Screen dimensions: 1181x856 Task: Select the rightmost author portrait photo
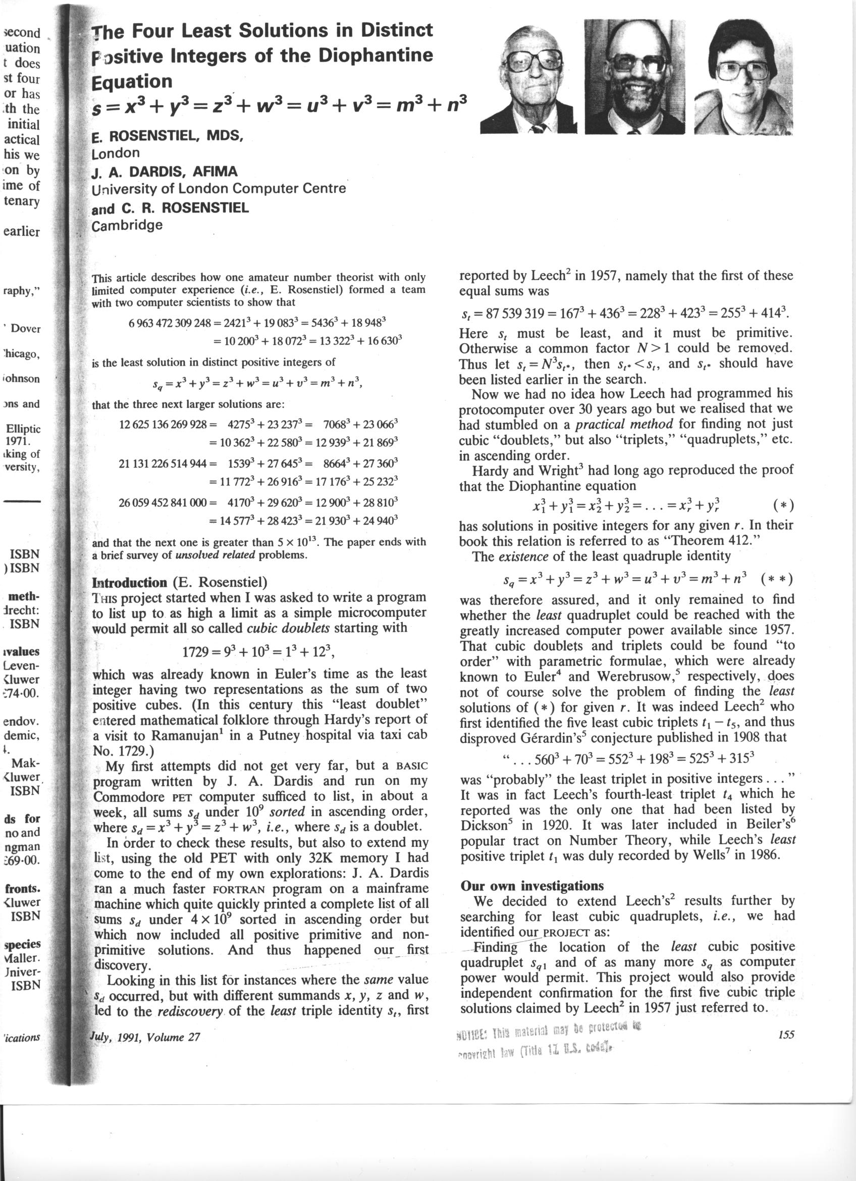pyautogui.click(x=742, y=77)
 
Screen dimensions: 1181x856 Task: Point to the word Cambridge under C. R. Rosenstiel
pyautogui.click(x=127, y=226)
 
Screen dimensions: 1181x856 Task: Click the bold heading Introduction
pyautogui.click(x=130, y=583)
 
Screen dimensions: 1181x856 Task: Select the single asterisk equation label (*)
pyautogui.click(x=783, y=505)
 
